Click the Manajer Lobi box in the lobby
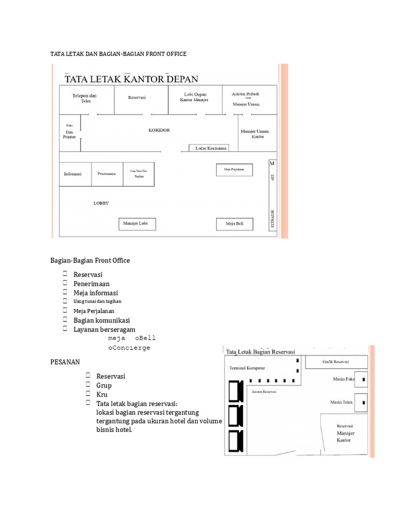(x=137, y=224)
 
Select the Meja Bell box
(x=234, y=224)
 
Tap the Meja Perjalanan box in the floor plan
(x=234, y=169)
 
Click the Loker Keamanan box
(x=211, y=148)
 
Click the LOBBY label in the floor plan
(x=101, y=203)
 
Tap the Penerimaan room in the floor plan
(x=107, y=174)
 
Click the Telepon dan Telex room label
(x=84, y=98)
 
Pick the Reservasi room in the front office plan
(x=138, y=98)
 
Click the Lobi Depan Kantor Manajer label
(x=194, y=97)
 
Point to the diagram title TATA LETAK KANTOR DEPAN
(x=131, y=79)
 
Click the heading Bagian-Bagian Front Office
(x=90, y=260)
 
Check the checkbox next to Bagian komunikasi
(x=66, y=320)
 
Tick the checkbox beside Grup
(x=88, y=385)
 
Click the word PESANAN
(x=65, y=362)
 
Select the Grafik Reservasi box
(x=335, y=362)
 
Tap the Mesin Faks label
(x=343, y=379)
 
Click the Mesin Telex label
(x=342, y=402)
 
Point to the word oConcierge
(x=129, y=348)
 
